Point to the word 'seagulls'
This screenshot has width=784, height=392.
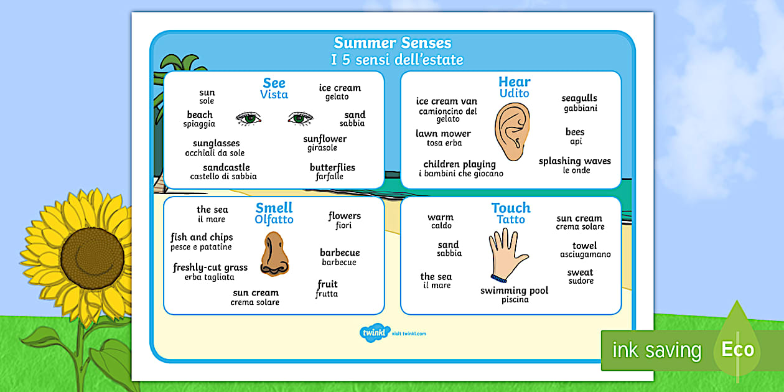(x=579, y=98)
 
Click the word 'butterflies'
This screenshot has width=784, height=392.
(x=332, y=167)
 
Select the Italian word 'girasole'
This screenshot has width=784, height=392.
(x=322, y=148)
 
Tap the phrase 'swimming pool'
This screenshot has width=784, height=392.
(x=514, y=291)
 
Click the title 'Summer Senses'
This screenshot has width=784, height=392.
(x=392, y=43)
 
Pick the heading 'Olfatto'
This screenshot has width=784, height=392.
(x=274, y=220)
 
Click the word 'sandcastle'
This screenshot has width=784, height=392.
(x=226, y=167)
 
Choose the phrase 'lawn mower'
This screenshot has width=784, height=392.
(x=443, y=134)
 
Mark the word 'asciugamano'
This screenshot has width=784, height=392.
(x=585, y=254)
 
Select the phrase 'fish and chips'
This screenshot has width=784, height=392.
(x=202, y=237)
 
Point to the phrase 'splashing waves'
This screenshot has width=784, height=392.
(x=574, y=161)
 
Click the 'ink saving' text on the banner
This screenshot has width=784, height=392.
(x=656, y=350)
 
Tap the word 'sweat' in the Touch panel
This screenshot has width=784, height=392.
(x=580, y=273)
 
